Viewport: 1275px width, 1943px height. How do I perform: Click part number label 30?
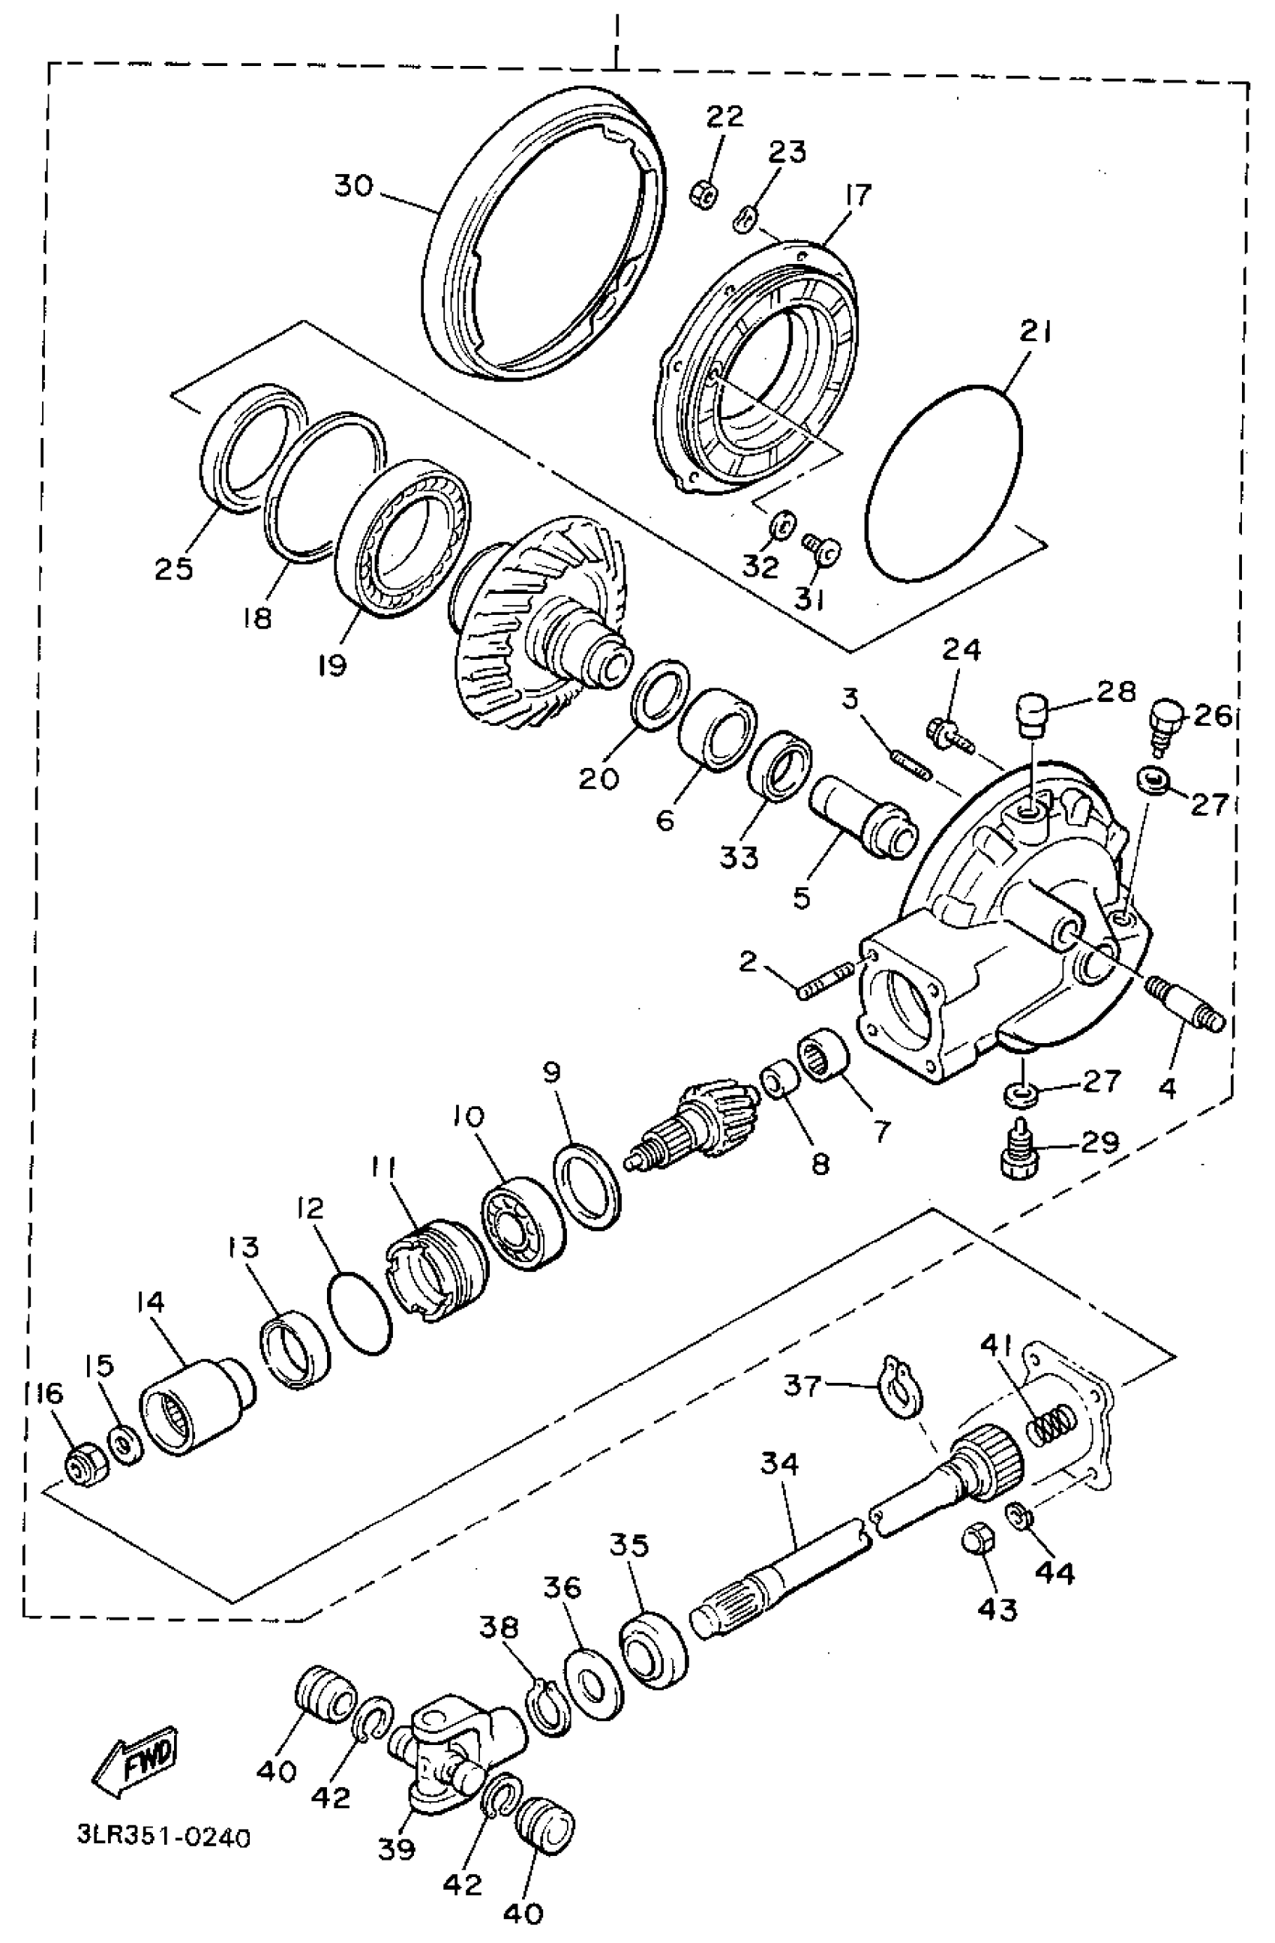point(352,187)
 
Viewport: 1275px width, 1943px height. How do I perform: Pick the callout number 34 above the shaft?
point(779,1463)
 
